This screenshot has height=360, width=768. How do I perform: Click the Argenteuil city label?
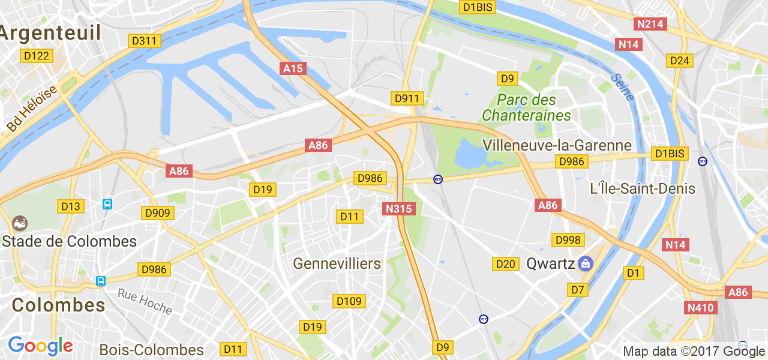pyautogui.click(x=50, y=33)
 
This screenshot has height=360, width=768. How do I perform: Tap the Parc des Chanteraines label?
pyautogui.click(x=526, y=107)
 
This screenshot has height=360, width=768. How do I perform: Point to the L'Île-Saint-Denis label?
pyautogui.click(x=643, y=188)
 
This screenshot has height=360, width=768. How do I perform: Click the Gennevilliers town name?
pyautogui.click(x=337, y=263)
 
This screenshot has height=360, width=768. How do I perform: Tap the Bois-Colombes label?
pyautogui.click(x=151, y=350)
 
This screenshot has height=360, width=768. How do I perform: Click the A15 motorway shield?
pyautogui.click(x=293, y=68)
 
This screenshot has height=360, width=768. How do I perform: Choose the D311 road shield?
pyautogui.click(x=144, y=41)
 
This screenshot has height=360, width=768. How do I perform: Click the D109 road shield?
pyautogui.click(x=349, y=301)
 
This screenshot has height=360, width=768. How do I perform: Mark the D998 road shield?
pyautogui.click(x=568, y=240)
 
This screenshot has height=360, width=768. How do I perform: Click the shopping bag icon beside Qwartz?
pyautogui.click(x=586, y=263)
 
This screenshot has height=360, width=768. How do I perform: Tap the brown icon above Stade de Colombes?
pyautogui.click(x=20, y=223)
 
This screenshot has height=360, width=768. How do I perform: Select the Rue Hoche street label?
pyautogui.click(x=145, y=301)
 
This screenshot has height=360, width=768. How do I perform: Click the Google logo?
pyautogui.click(x=40, y=346)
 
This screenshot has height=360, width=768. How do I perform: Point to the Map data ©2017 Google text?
pyautogui.click(x=694, y=352)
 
